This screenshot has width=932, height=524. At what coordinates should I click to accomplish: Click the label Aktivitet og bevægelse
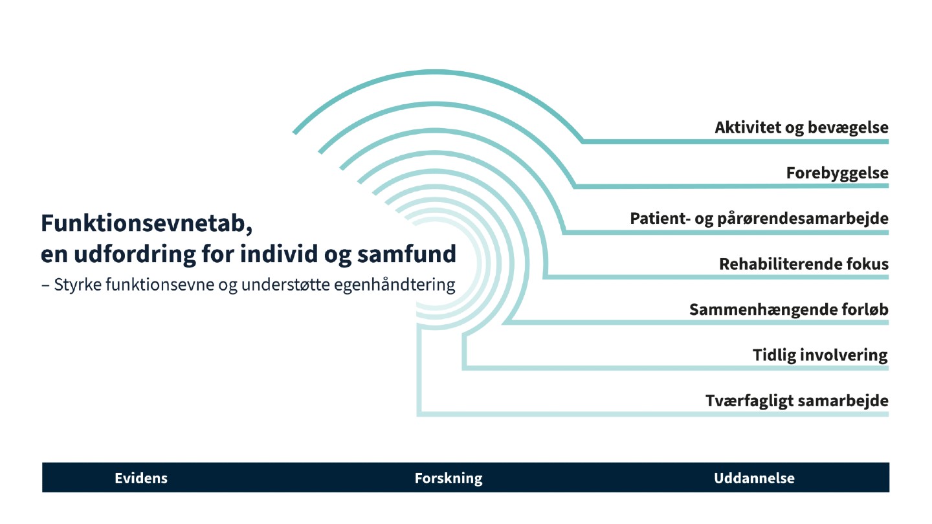click(x=801, y=127)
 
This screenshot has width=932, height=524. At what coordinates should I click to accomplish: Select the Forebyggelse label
click(x=837, y=173)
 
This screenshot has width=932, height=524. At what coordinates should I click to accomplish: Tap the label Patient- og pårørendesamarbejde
click(x=759, y=219)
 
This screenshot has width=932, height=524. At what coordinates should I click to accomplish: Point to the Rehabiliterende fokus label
click(x=804, y=264)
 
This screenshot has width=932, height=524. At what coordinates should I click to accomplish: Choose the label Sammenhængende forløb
click(x=788, y=310)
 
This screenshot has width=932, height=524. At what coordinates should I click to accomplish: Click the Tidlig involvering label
click(x=820, y=355)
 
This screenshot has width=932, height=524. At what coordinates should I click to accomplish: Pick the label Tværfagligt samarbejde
click(x=797, y=401)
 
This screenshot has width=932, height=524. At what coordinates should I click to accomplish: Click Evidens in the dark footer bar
click(x=141, y=479)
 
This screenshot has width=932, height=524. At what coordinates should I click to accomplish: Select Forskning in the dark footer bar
click(x=449, y=479)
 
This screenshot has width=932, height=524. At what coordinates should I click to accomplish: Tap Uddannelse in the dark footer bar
click(x=754, y=479)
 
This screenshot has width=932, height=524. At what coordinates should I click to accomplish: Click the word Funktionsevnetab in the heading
click(x=142, y=223)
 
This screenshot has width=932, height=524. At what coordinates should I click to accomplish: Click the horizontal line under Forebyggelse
click(x=731, y=186)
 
